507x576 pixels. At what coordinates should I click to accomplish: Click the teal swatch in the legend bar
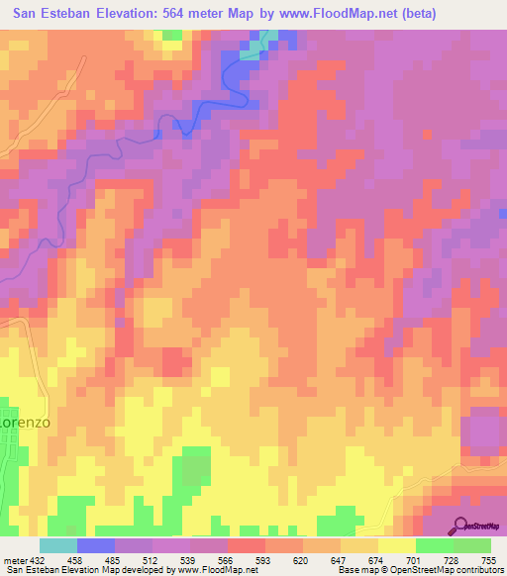(x=58, y=545)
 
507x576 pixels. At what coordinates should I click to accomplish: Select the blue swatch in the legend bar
(x=96, y=545)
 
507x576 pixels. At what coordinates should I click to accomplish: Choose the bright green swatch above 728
(x=434, y=545)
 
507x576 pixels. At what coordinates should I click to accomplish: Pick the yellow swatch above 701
(x=396, y=545)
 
